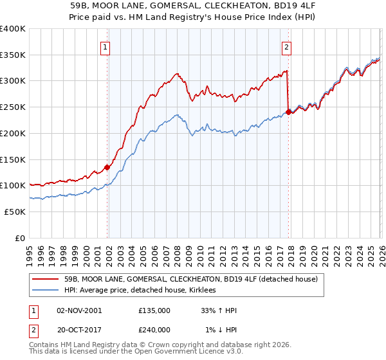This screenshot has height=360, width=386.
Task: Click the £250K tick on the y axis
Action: click(13, 107)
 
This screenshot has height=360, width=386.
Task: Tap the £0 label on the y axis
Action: click(19, 238)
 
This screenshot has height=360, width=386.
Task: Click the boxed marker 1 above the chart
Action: click(105, 46)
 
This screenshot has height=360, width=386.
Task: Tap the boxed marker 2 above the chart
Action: click(286, 46)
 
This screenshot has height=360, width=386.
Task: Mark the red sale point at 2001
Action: click(107, 167)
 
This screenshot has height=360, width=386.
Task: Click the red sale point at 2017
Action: click(288, 113)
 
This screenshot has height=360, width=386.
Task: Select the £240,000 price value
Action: click(154, 330)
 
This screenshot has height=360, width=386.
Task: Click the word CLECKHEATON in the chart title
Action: click(232, 6)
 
